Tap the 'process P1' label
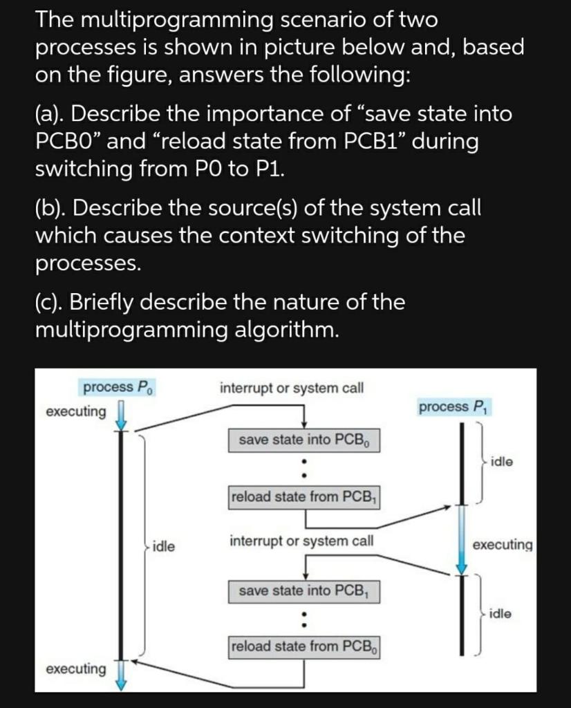point(453,407)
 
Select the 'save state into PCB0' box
point(303,440)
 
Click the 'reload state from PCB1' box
point(303,496)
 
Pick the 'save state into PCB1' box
point(303,590)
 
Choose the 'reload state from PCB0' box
point(303,646)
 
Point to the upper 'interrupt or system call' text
point(291,388)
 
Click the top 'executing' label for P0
point(76,412)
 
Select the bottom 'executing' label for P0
point(76,669)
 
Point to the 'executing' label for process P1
point(503,545)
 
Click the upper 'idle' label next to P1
point(502,461)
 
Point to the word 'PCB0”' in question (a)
point(68,141)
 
